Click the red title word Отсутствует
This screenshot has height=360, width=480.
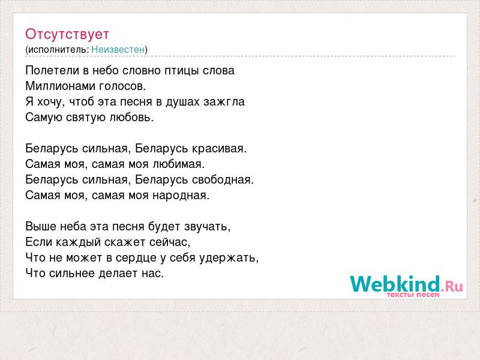[x=67, y=34]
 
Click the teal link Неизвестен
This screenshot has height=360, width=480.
[x=118, y=49]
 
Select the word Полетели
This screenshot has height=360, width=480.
[x=52, y=70]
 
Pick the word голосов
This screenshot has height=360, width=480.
[x=122, y=86]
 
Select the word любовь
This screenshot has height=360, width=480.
[x=131, y=117]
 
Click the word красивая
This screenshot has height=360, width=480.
[x=219, y=149]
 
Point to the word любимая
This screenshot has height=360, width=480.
[x=178, y=164]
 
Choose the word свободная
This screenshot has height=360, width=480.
[x=223, y=179]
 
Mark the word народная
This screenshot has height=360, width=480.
[x=181, y=196]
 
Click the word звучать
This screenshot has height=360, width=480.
[x=207, y=227]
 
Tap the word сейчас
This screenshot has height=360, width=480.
[x=170, y=242]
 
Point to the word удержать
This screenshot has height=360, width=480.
[x=229, y=258]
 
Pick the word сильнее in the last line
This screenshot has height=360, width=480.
[x=72, y=274]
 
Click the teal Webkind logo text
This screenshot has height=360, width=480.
[x=395, y=283]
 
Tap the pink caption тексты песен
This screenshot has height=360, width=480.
[x=413, y=295]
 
